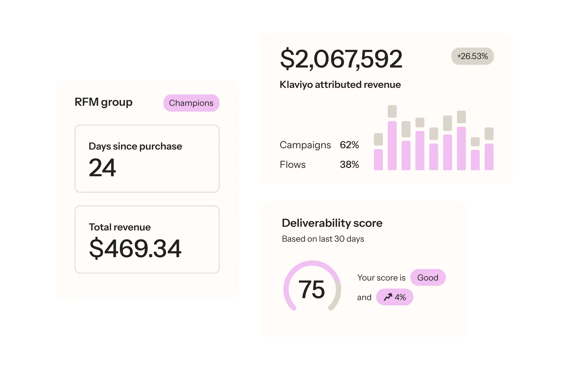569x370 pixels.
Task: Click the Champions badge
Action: point(191,103)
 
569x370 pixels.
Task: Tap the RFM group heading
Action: point(104,102)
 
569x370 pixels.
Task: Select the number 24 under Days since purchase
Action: point(102,168)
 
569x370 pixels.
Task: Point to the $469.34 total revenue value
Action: point(135,249)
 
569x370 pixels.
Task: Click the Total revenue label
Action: point(120,227)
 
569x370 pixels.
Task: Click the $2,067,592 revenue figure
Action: point(341,59)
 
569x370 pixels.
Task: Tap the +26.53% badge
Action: point(472,56)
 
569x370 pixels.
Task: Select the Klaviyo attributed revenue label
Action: point(340,85)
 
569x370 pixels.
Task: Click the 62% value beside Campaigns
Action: point(349,145)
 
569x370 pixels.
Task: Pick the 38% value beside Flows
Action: point(349,165)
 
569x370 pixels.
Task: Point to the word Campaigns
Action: point(305,145)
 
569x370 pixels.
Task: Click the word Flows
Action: point(292,165)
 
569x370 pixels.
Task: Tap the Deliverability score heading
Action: point(332,223)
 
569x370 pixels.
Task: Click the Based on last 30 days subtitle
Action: point(323,239)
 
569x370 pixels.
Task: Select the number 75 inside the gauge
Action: point(312,289)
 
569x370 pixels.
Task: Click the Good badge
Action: point(428,277)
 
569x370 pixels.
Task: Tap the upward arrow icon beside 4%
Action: point(388,297)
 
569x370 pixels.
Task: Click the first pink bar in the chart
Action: point(378,160)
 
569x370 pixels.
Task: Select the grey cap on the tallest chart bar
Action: point(392,111)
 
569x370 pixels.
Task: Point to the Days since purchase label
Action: point(135,146)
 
